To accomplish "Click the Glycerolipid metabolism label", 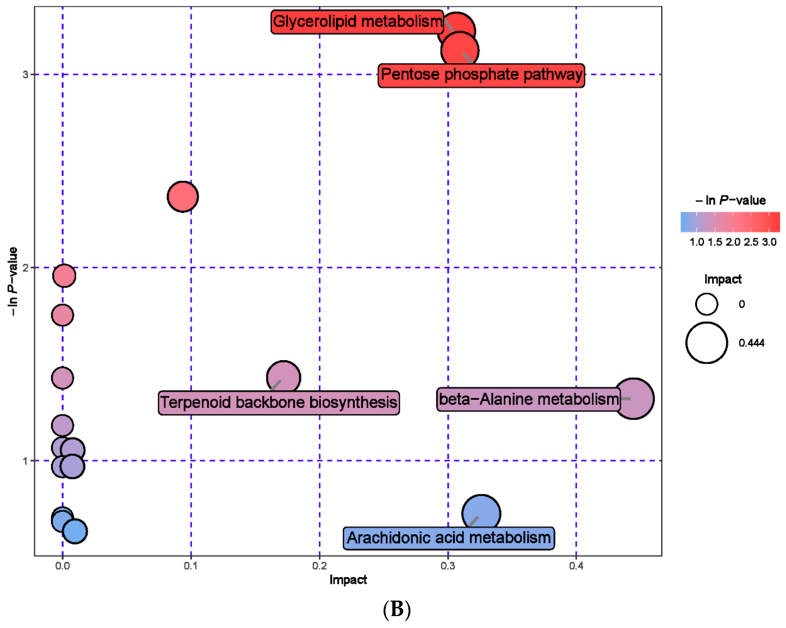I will [357, 22].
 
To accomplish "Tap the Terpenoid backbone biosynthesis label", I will [279, 403].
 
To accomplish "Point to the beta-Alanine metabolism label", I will [529, 399].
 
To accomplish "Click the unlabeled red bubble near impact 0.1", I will [183, 197].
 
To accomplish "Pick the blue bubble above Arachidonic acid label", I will [481, 512].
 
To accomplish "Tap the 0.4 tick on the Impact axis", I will [576, 566].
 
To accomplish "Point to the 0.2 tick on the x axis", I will [319, 566].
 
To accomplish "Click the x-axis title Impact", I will [348, 580].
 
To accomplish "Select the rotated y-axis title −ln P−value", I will [13, 281].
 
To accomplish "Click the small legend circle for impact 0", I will [706, 304].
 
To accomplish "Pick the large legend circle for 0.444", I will [706, 343].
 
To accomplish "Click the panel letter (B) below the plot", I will [397, 609].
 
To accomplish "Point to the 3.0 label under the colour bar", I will [769, 242].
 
